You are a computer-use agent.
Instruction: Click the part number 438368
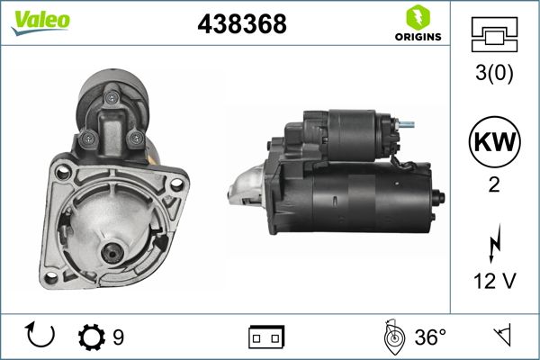(x=241, y=26)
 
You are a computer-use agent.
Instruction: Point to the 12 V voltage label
(x=495, y=283)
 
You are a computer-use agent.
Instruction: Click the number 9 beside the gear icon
(x=119, y=337)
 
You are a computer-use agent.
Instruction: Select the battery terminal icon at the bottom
(x=266, y=337)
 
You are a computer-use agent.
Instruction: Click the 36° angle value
(x=429, y=337)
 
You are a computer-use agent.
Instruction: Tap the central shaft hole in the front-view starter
(x=112, y=255)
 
